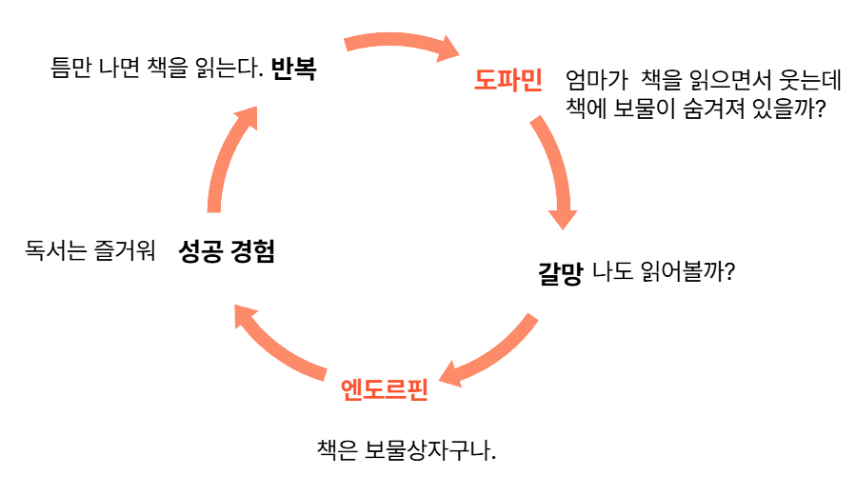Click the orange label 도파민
[x=508, y=81]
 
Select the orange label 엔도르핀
[x=385, y=389]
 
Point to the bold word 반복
[x=293, y=69]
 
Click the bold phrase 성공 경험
[x=227, y=252]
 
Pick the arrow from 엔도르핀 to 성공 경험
[x=282, y=343]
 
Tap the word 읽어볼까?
[x=687, y=273]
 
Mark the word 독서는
[x=55, y=252]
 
